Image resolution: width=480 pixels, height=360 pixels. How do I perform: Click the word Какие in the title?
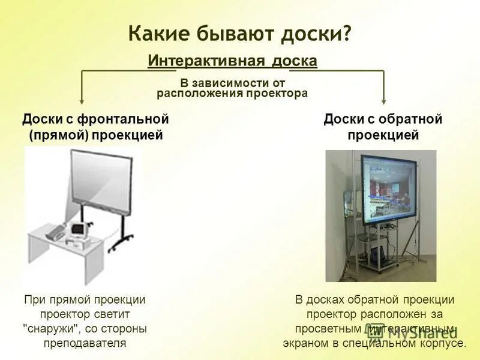(158, 33)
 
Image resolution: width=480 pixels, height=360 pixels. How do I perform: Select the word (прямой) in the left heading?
(58, 135)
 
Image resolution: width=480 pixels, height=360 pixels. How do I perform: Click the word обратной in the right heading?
(412, 119)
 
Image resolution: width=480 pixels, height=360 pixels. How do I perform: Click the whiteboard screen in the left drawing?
(101, 177)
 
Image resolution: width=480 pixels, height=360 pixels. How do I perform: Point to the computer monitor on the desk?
(79, 229)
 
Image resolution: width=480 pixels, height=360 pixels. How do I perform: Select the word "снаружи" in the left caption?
(52, 329)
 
